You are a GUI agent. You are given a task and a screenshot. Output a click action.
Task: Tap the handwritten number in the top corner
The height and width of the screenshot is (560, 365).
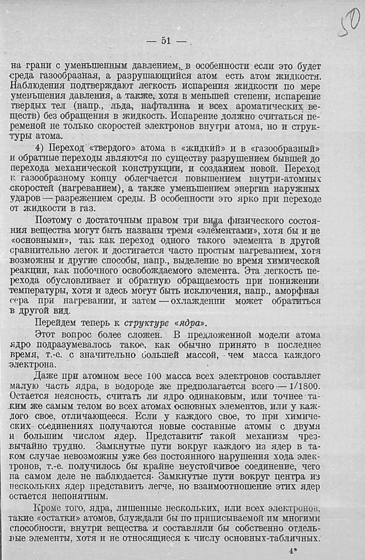click(x=349, y=23)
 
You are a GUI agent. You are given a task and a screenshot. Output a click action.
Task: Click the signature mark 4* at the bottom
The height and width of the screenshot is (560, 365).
click(x=293, y=549)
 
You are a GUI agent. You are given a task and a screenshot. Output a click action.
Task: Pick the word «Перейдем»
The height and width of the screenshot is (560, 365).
click(x=56, y=322)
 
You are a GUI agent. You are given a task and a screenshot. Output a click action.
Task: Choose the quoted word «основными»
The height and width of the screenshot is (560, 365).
click(x=36, y=243)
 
